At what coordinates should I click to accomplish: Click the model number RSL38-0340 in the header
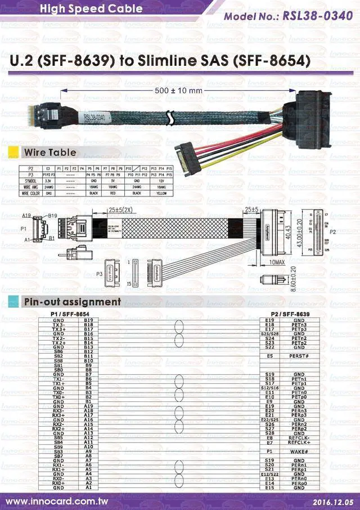coord(321,16)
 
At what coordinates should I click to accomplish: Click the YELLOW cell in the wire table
coord(161,193)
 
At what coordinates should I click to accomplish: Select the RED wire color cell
coord(112,193)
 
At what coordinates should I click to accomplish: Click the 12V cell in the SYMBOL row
coord(161,180)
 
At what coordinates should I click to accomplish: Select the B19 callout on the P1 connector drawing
coord(52,216)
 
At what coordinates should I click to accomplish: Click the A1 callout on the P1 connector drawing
coord(26,239)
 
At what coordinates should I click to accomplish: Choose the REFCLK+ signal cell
coord(299,442)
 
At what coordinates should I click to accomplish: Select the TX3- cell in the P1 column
coord(58,325)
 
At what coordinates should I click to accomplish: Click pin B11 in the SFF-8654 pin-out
coord(88,356)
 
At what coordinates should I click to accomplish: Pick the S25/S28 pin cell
coord(269,334)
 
